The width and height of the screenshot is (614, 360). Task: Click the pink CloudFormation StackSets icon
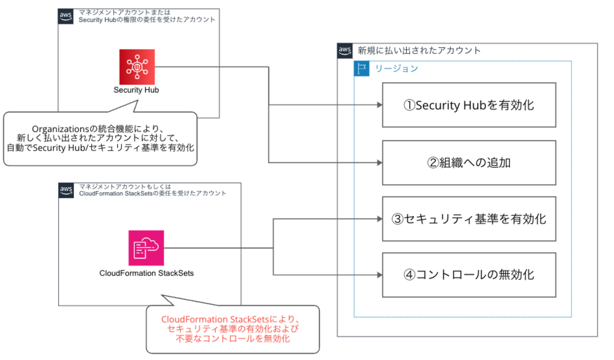point(146,248)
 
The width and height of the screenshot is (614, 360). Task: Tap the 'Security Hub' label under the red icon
point(137,90)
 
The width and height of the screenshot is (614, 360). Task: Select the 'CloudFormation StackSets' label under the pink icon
point(147,273)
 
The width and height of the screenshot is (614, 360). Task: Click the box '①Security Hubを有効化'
point(468,105)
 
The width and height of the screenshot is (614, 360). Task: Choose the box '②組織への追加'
point(468,163)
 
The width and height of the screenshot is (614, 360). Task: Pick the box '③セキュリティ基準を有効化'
point(468,219)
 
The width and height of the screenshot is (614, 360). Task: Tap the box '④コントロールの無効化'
point(468,275)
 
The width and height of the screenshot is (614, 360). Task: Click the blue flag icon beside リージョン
point(362,69)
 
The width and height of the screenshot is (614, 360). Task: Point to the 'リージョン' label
point(397,69)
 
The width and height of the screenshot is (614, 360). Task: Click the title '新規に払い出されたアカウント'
point(419,50)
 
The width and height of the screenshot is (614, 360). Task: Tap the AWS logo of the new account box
point(345,51)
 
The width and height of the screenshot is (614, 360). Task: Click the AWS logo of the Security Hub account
point(66,17)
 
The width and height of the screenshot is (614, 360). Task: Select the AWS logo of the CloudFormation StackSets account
point(66,190)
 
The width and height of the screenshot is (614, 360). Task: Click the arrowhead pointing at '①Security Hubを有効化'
point(379,105)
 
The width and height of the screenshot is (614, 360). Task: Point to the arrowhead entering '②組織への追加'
point(379,163)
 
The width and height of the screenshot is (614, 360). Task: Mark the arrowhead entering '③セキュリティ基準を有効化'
point(379,219)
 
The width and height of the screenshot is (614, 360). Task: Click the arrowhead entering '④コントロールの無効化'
point(379,275)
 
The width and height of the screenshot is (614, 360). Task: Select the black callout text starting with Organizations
point(100,138)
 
